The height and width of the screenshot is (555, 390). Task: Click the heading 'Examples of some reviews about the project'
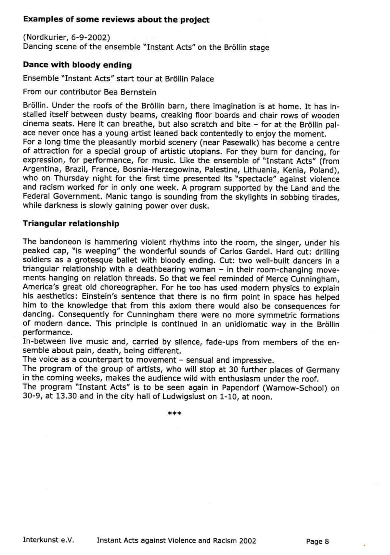pos(116,20)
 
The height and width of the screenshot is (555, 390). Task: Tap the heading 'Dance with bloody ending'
pos(77,65)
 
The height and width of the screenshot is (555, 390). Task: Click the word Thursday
pos(71,179)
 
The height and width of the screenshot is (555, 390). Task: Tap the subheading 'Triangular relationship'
pos(71,224)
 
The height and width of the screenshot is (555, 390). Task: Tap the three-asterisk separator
pos(174,414)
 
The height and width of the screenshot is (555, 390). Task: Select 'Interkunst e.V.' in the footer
pos(48,540)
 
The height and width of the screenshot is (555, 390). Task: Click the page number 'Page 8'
pos(317,541)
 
